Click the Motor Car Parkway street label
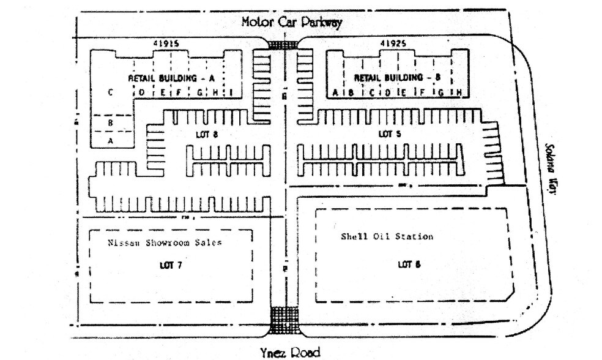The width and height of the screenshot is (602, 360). [x=291, y=22]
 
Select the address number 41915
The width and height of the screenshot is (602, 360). [x=165, y=44]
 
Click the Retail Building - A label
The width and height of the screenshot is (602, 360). [x=171, y=78]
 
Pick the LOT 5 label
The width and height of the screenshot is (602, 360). [x=386, y=133]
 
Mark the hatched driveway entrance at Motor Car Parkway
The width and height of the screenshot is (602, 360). [x=282, y=45]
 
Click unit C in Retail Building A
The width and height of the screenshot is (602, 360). [x=110, y=92]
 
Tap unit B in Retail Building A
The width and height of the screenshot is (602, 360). [x=110, y=122]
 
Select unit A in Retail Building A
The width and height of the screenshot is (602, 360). [x=110, y=140]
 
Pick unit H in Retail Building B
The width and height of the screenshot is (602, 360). [x=458, y=92]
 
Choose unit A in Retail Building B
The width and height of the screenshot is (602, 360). [x=335, y=92]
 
